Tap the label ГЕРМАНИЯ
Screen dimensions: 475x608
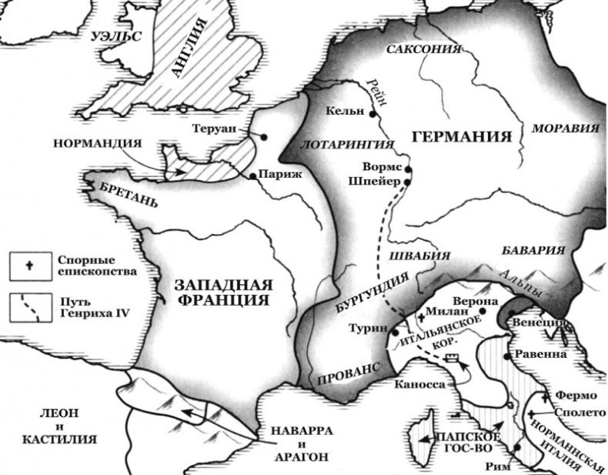click(x=462, y=137)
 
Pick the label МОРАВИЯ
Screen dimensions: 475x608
click(x=566, y=128)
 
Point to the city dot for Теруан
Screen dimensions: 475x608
click(x=264, y=136)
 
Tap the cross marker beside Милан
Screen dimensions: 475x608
click(x=422, y=318)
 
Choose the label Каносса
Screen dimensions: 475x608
click(x=419, y=383)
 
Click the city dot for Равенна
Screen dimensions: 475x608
click(x=506, y=357)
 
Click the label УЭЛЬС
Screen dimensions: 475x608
click(x=116, y=36)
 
